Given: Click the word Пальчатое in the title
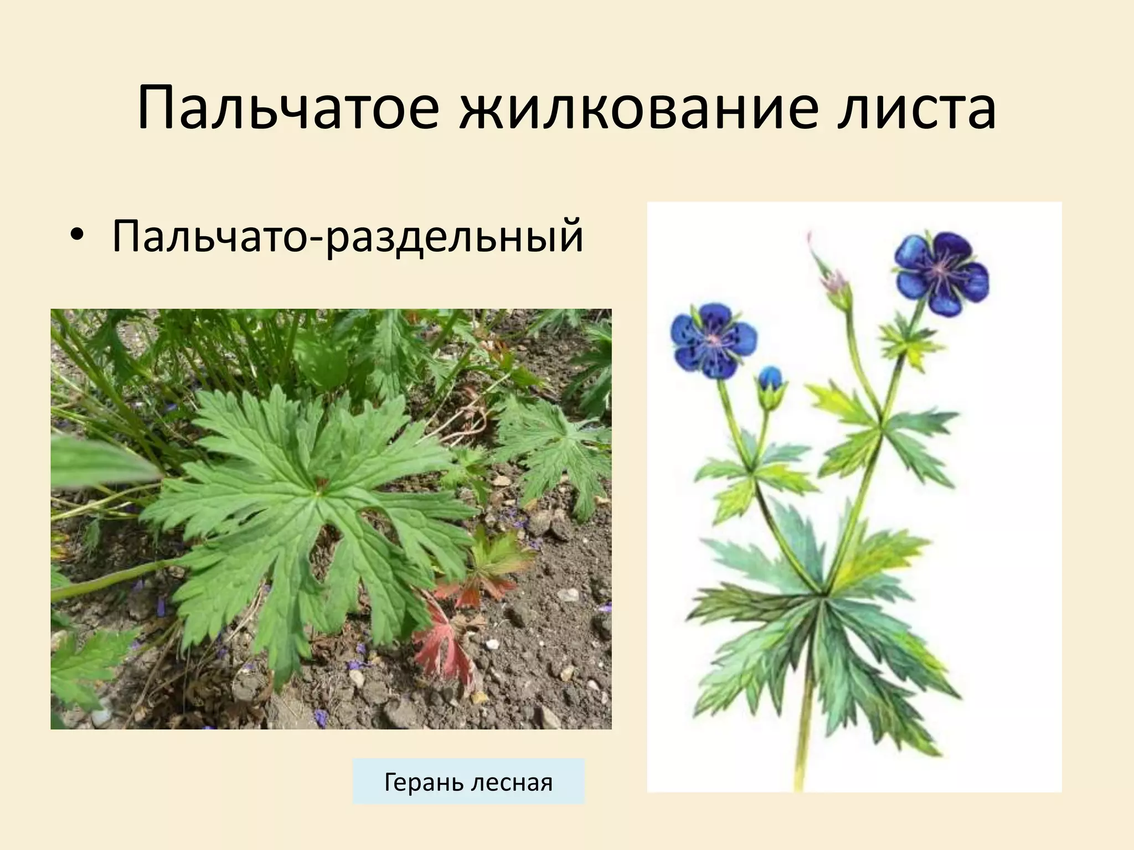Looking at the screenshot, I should [288, 109].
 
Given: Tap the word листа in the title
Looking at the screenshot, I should [917, 109].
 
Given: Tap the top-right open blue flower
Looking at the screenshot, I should [941, 272].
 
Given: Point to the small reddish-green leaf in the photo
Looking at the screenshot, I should [487, 564].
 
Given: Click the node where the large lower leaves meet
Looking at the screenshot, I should [821, 595].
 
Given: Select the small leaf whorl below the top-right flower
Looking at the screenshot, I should [908, 340].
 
